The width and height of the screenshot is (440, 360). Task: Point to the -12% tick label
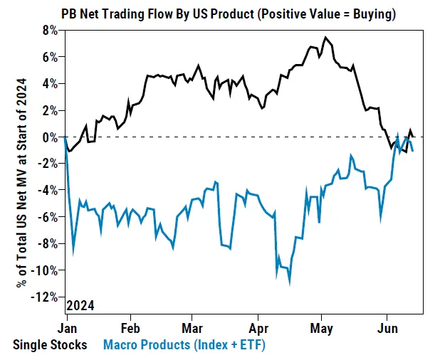pos(46,297)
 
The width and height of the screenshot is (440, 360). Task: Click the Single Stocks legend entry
pos(50,345)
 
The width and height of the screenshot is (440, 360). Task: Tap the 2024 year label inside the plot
pos(80,306)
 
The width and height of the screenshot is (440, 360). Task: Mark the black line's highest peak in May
pos(325,37)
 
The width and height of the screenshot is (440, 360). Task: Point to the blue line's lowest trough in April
pos(290,283)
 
